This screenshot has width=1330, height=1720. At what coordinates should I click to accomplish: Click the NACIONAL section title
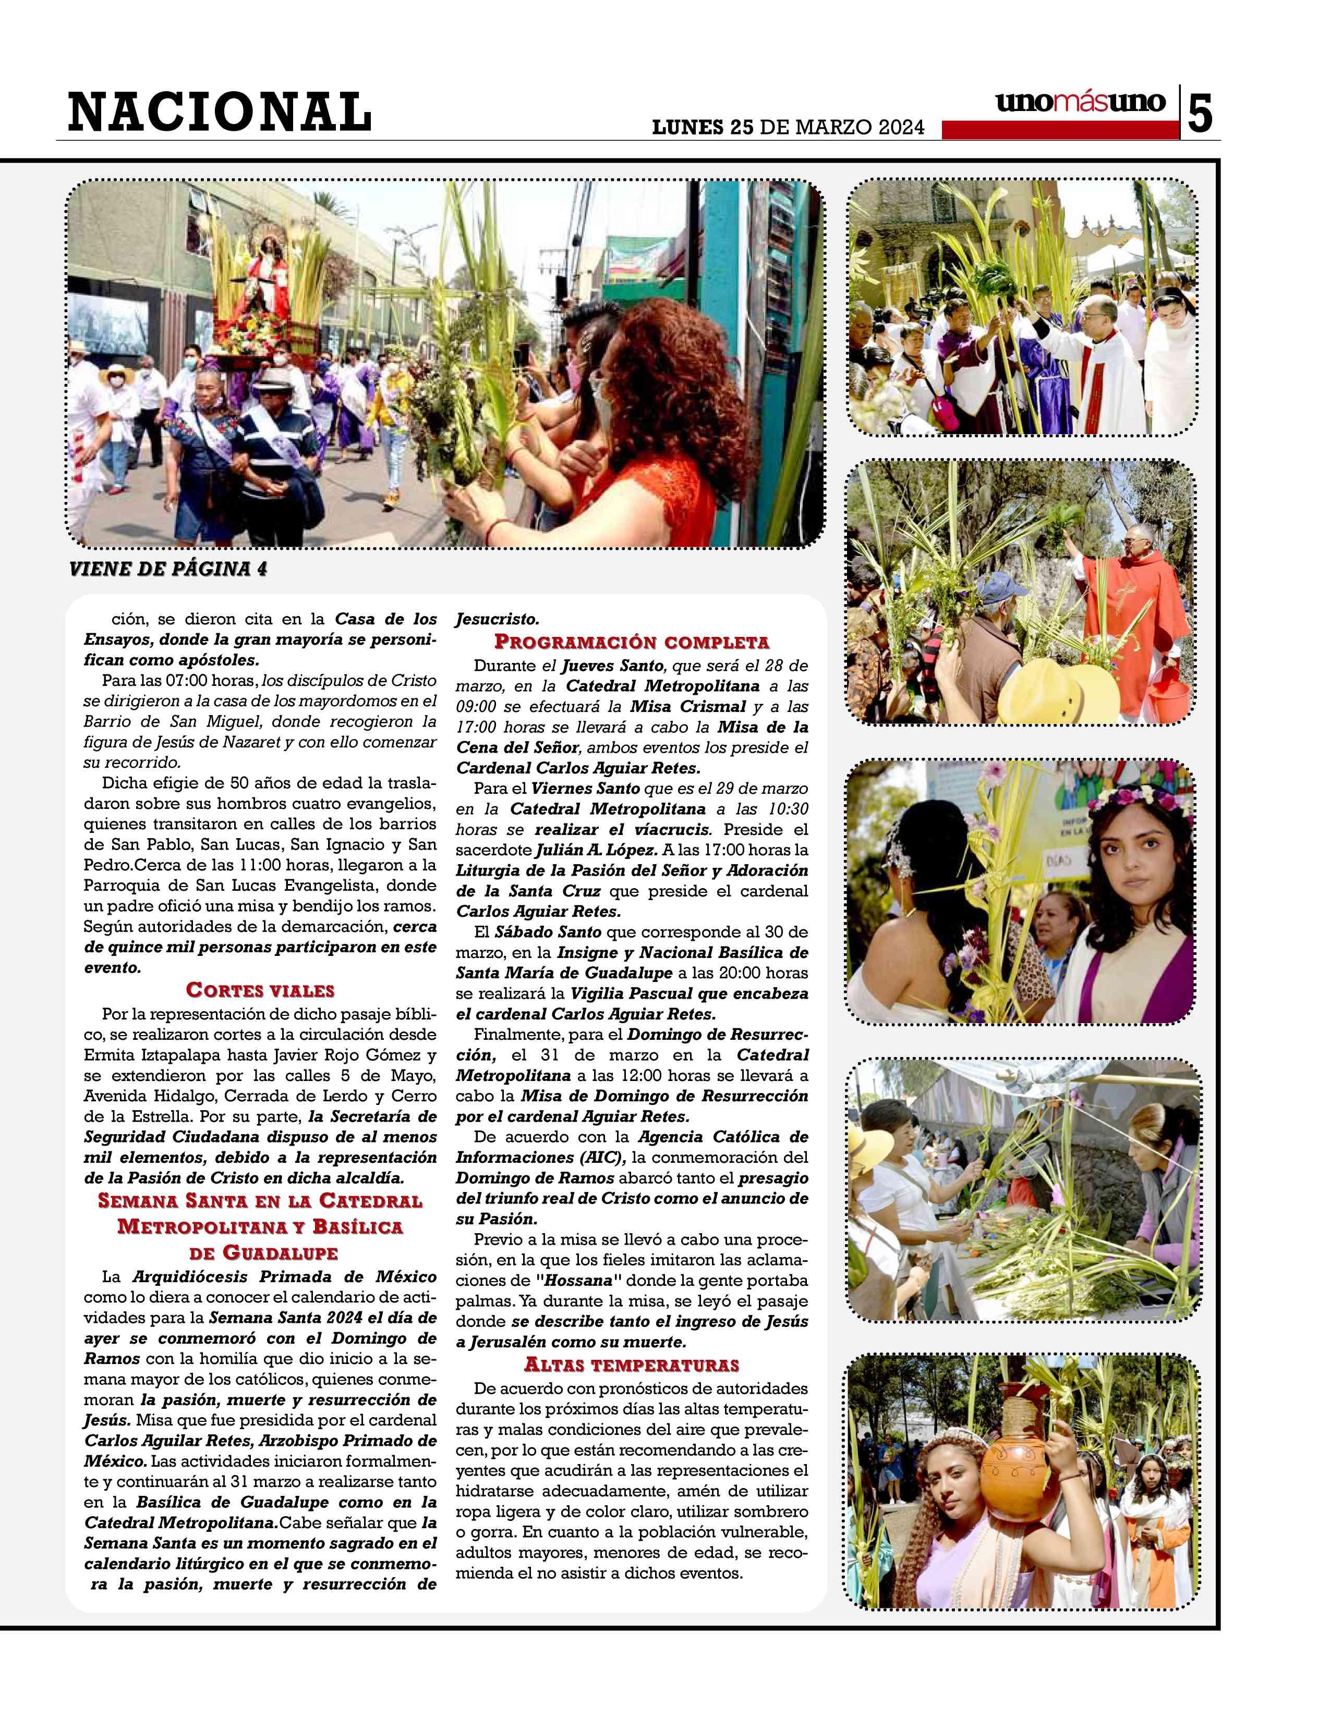click(219, 110)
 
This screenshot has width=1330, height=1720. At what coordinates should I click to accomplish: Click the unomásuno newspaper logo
click(1080, 102)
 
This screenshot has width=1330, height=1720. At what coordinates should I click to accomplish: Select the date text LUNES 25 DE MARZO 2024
click(788, 128)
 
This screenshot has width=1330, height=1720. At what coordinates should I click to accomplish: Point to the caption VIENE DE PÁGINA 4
click(168, 569)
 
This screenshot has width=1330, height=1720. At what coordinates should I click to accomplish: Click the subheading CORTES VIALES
click(260, 990)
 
